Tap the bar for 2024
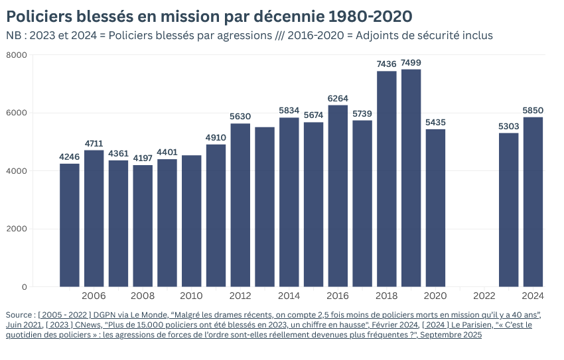533,202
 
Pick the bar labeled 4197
143,225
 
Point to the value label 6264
338,99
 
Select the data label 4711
94,144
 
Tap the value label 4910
216,138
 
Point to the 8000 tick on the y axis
16,55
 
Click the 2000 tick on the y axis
16,229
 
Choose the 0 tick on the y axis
24,287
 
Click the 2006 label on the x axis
94,296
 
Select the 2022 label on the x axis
484,296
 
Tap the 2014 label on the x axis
289,296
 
